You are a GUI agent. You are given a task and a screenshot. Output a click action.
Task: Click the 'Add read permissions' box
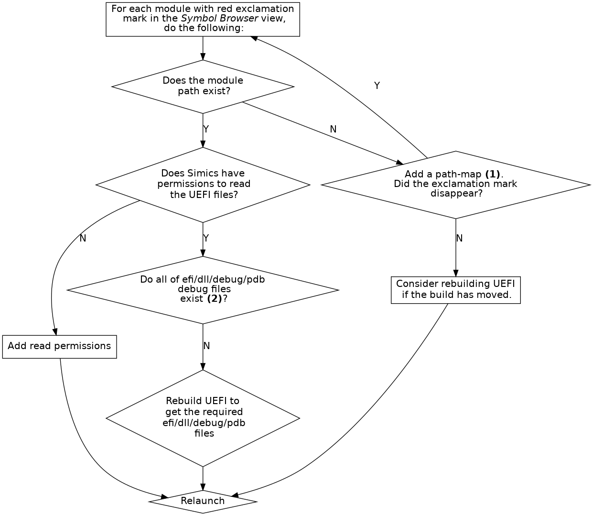click(59, 346)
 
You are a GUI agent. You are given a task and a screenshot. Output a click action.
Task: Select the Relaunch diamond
click(203, 501)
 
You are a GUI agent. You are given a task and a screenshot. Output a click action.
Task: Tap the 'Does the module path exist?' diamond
click(203, 86)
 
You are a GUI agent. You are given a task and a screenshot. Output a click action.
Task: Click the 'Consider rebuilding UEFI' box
click(455, 289)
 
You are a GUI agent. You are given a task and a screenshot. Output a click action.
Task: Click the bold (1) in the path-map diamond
click(492, 174)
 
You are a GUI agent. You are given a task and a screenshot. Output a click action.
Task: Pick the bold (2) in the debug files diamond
click(214, 299)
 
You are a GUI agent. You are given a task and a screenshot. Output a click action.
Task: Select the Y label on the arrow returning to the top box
click(377, 86)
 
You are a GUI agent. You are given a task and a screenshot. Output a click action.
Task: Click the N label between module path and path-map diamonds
click(333, 129)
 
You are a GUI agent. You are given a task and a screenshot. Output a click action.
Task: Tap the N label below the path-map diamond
click(460, 238)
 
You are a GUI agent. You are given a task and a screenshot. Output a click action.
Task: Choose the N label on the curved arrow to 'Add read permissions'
click(83, 238)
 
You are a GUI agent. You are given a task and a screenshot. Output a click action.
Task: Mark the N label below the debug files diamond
click(206, 346)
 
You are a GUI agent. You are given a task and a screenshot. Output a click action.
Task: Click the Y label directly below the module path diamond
click(206, 129)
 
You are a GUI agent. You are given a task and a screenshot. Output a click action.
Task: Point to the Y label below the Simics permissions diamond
click(206, 238)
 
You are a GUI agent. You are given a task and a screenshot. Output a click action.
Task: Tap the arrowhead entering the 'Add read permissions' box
click(55, 332)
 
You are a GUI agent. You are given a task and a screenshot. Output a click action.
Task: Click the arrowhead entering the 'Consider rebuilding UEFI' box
click(455, 273)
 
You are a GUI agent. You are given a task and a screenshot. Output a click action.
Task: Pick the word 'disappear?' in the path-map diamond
click(456, 194)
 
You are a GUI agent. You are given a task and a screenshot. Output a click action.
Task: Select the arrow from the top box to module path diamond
click(203, 48)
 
